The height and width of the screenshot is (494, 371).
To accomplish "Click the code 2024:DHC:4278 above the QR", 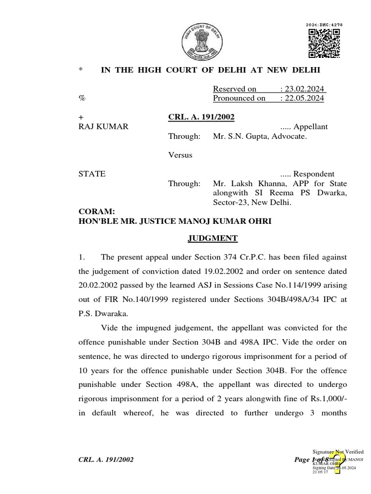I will click(324, 25).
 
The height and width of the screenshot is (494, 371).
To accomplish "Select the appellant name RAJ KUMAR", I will click(103, 127).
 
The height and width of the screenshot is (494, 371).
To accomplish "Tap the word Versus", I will click(180, 155).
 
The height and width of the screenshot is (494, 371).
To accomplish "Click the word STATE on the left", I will click(92, 174).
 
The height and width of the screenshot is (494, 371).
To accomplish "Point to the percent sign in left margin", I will click(82, 98).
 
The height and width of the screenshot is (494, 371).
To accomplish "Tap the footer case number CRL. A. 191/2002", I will click(106, 460).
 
